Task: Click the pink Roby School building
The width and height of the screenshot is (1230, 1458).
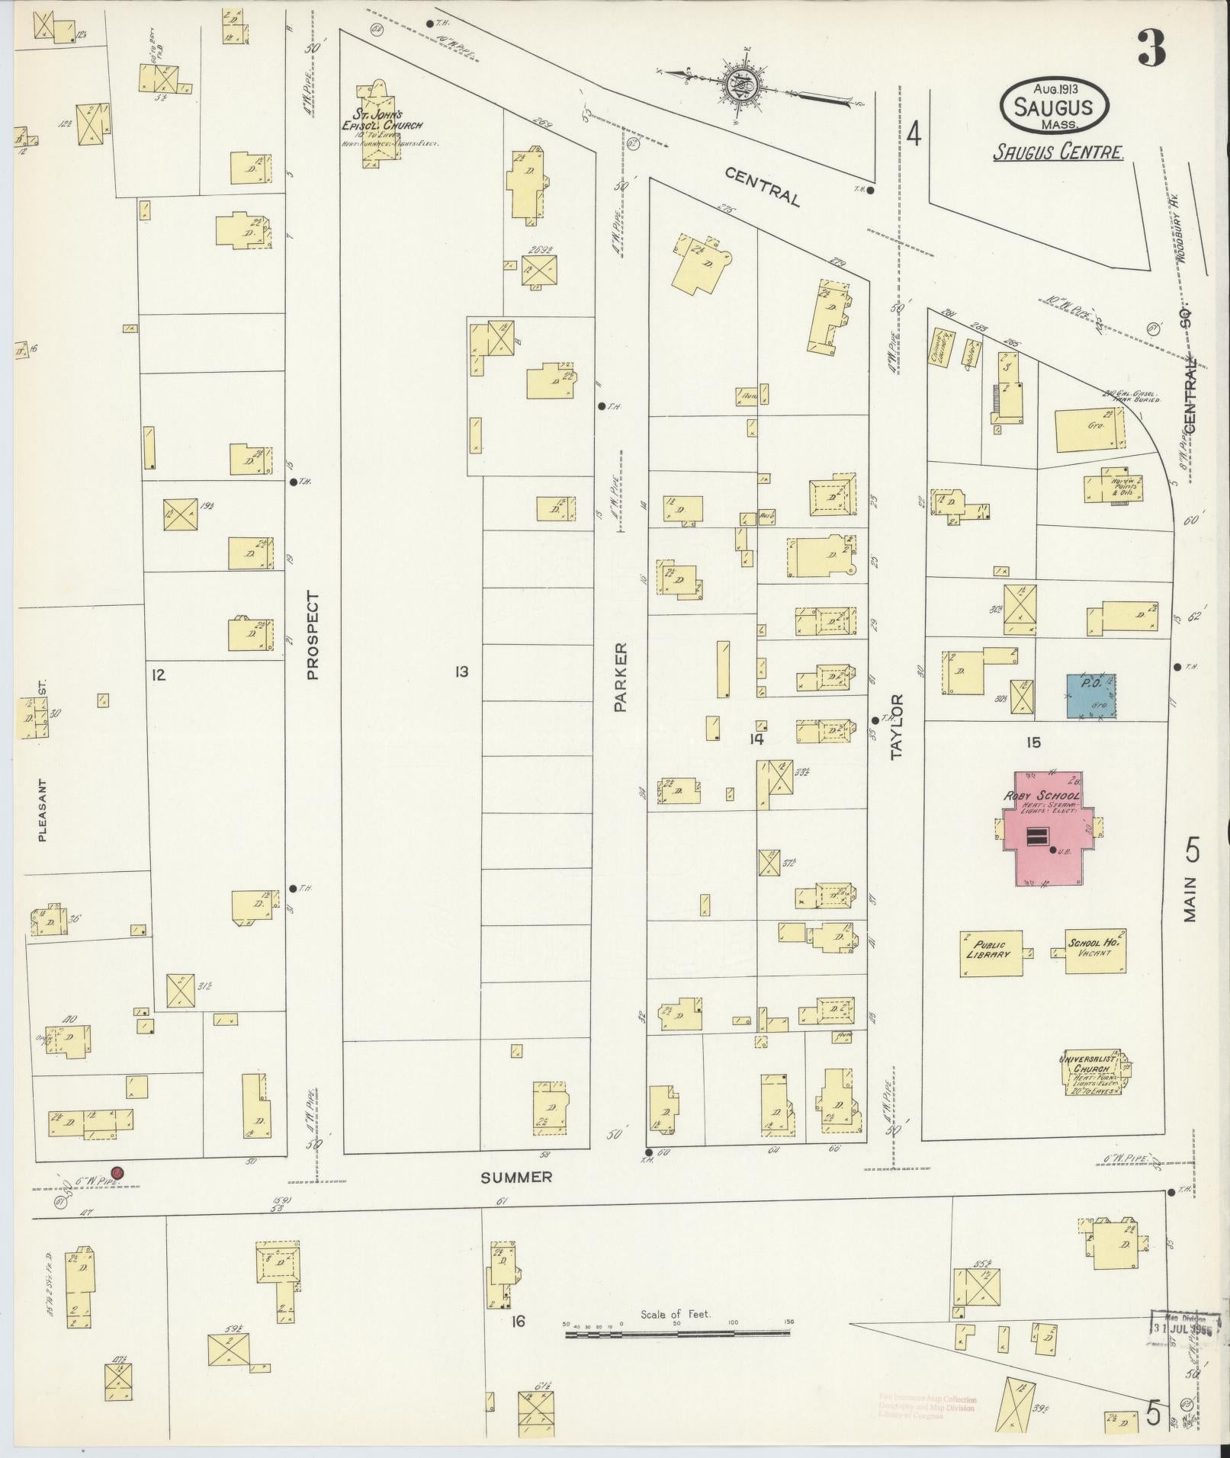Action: [1046, 829]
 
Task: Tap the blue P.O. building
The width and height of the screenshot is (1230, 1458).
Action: [1090, 695]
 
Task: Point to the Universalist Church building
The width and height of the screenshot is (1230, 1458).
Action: [1094, 1074]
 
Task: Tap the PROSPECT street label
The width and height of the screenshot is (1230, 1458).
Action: [313, 635]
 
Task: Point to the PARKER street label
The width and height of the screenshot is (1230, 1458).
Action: [621, 677]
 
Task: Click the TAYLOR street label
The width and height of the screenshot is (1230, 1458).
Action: [896, 726]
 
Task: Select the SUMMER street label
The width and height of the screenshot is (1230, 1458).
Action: [516, 1199]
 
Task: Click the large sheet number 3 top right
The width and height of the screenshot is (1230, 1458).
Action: [1151, 48]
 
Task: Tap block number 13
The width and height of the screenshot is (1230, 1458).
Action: [461, 671]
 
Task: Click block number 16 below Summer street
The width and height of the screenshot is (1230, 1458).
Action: [518, 1321]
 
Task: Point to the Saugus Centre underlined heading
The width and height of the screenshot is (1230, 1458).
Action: [1058, 152]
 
